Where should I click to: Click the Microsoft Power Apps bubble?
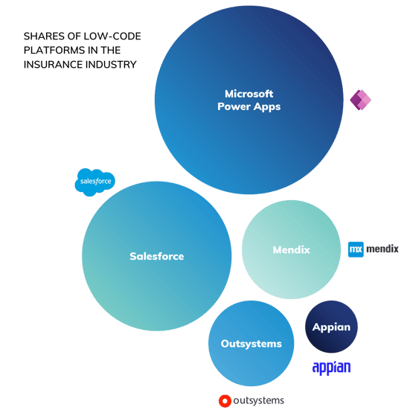249,100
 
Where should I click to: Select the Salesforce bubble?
157,256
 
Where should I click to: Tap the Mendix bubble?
291,249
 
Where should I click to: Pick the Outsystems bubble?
251,344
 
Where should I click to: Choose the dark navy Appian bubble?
331,327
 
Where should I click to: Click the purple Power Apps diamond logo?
360,100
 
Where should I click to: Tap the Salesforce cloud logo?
95,182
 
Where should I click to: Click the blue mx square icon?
356,249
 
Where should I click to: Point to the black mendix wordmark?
382,249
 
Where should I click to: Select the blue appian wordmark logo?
331,368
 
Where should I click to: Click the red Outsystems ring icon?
225,401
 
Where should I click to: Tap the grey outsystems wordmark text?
259,400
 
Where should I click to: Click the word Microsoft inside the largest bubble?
249,94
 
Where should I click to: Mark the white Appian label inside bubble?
331,327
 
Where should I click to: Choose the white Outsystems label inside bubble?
252,344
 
